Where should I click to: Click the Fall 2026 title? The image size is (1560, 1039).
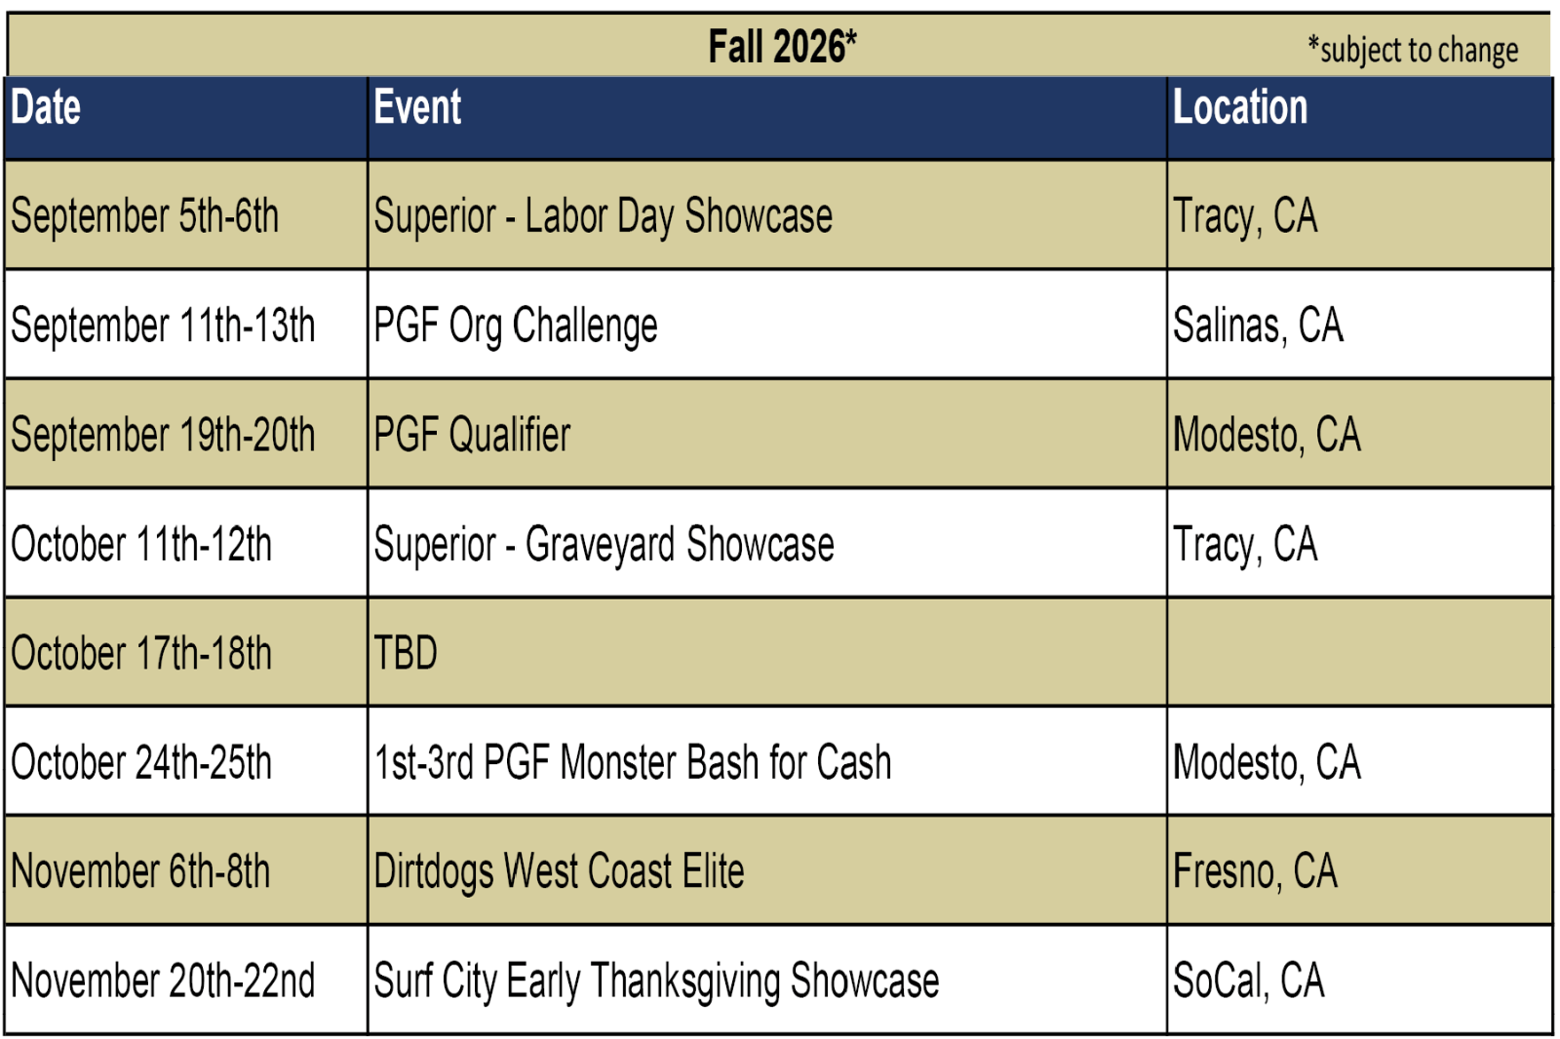tap(782, 47)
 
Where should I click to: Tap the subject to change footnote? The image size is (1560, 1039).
tap(1413, 50)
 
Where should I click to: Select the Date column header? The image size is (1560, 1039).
tap(46, 107)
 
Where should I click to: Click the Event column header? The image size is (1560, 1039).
tap(417, 107)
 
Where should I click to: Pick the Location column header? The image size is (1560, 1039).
tap(1240, 107)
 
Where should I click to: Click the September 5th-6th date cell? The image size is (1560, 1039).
tap(145, 215)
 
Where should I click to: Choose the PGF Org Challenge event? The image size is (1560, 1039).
tap(516, 326)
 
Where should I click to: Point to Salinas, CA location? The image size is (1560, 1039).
tap(1258, 326)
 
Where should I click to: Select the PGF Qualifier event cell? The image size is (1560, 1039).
tap(472, 435)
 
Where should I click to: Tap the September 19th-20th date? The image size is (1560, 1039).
tap(163, 435)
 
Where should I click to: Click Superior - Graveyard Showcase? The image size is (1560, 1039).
tap(604, 544)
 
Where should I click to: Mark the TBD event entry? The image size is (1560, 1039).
tap(406, 652)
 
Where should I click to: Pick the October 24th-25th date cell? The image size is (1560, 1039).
tap(141, 762)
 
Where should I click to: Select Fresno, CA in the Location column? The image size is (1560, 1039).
tap(1255, 871)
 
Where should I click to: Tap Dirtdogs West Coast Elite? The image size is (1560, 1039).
tap(559, 871)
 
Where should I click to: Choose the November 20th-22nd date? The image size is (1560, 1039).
tap(163, 981)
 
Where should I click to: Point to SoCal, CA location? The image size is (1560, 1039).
tap(1249, 981)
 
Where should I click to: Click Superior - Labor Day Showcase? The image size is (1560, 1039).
tap(604, 215)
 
